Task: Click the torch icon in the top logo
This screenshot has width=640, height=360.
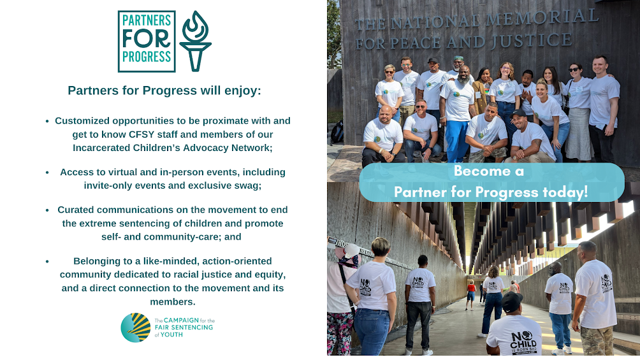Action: pos(196,41)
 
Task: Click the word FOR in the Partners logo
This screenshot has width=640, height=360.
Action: pos(147,39)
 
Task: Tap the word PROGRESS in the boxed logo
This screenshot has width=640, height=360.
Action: pos(147,57)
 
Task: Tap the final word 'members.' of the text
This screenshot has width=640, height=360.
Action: pos(173,301)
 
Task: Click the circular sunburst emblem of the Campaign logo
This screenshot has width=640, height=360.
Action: pos(136,328)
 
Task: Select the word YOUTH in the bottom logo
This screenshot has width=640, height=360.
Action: pos(171,335)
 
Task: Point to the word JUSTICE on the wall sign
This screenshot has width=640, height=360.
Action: pos(532,40)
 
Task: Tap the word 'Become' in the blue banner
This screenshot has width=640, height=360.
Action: pos(482,171)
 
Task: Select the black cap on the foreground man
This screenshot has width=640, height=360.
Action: pos(512,301)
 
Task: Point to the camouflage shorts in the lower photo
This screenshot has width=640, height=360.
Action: pos(596,340)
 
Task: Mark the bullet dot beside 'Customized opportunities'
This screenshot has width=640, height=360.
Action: pos(47,121)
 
